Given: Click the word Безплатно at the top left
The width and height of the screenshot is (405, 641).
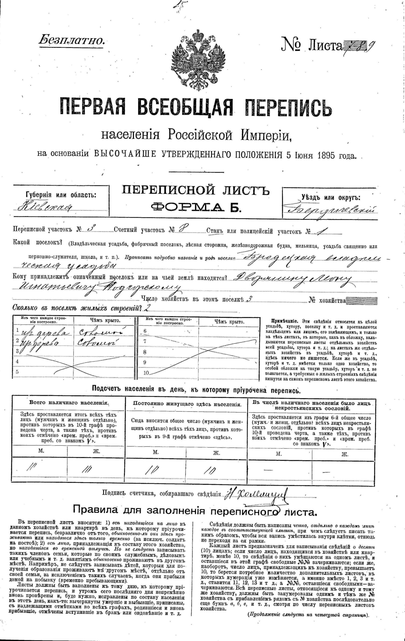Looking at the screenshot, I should click(71, 40).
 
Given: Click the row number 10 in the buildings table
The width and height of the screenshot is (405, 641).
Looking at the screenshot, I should click(146, 373).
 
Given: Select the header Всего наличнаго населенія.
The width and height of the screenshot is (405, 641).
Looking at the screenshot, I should click(69, 403).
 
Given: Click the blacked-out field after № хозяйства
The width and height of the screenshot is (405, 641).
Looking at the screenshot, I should click(362, 300).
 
